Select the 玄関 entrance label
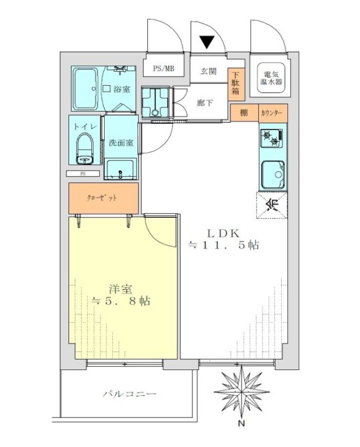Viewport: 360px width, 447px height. click(x=208, y=71)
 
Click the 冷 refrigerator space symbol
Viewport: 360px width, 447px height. click(x=272, y=205)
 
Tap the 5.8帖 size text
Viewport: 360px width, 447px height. click(x=121, y=302)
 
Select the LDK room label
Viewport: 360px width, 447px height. click(x=223, y=232)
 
